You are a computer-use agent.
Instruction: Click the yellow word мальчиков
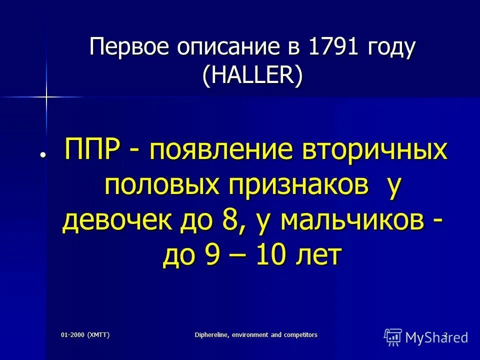click(353, 221)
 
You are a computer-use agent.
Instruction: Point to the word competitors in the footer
click(298, 334)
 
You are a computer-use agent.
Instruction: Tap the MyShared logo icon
click(393, 336)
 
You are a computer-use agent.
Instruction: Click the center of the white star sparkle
click(45, 95)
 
